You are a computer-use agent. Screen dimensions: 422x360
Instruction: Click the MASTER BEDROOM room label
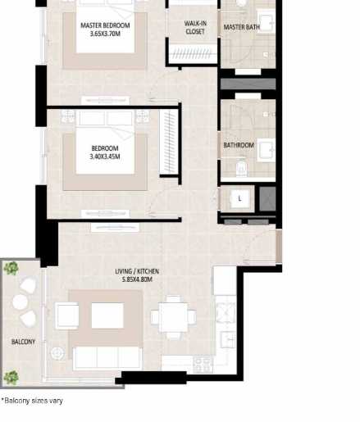click(x=106, y=25)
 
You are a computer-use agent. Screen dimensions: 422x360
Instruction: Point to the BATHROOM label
click(x=239, y=146)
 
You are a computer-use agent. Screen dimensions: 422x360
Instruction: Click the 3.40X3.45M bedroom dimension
click(x=105, y=157)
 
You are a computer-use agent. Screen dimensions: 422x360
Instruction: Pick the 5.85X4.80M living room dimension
click(x=137, y=279)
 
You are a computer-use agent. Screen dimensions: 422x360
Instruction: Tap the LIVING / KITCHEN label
click(x=137, y=271)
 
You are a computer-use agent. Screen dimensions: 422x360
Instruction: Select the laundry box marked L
click(x=239, y=198)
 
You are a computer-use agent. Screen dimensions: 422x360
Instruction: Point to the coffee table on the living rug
click(x=107, y=315)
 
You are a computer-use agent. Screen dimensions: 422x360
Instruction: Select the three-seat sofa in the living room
click(x=107, y=356)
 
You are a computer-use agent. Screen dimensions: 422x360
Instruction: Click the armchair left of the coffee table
click(x=66, y=315)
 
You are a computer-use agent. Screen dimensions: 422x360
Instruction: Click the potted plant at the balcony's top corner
click(x=11, y=268)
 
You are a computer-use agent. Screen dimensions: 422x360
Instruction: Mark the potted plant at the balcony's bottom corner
click(x=11, y=377)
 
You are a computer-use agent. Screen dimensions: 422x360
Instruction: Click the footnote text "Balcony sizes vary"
click(x=33, y=401)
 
